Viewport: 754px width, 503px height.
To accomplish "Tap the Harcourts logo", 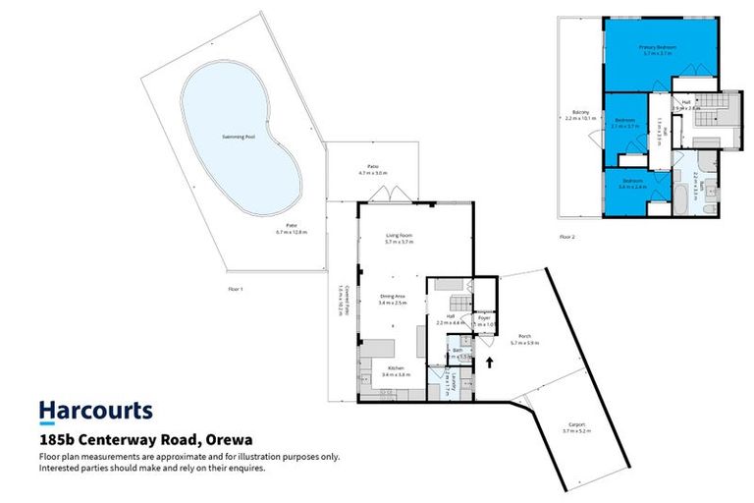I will (x=95, y=410).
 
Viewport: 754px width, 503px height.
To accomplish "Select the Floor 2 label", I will (x=566, y=237).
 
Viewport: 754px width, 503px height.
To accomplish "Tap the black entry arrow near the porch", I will (x=489, y=363).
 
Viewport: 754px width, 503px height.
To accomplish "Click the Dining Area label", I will (x=393, y=298).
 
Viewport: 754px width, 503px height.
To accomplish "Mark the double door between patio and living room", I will (x=396, y=192).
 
